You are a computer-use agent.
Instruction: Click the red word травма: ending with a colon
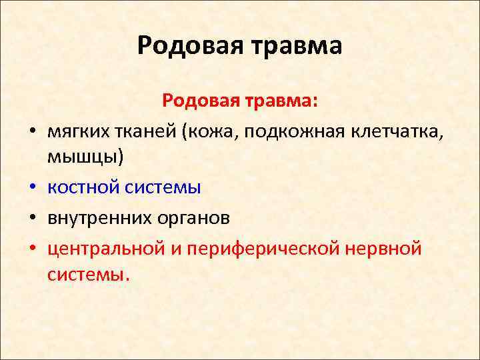point(282,101)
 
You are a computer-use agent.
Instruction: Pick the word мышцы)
point(86,158)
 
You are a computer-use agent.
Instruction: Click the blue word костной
point(83,187)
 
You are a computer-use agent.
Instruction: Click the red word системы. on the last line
point(86,274)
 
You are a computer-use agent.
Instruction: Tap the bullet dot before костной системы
point(32,189)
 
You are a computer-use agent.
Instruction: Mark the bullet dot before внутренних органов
point(32,219)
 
